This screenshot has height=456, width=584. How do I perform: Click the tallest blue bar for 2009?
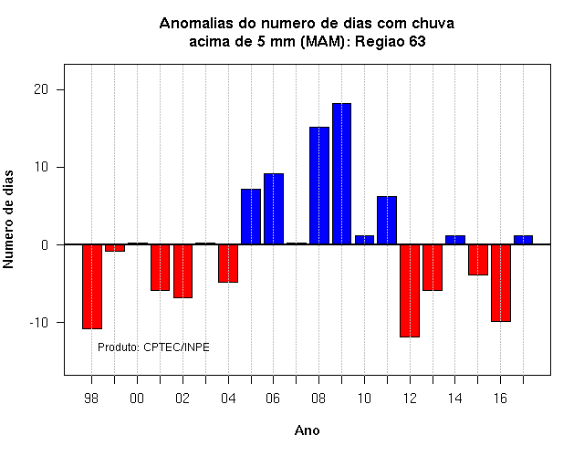coord(341,174)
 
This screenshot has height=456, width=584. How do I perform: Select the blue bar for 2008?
coord(319,186)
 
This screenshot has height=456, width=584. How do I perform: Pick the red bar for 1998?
coord(92,286)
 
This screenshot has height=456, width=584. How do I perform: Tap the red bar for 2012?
coord(410,291)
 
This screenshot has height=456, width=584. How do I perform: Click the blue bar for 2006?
coord(274,209)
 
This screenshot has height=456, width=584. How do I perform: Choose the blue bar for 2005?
coord(251,217)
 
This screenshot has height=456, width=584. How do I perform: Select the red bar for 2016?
coord(501,283)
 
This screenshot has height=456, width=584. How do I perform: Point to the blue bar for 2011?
coord(387,221)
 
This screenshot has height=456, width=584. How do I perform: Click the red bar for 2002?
coord(182,271)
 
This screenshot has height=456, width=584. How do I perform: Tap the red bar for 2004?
coord(228,264)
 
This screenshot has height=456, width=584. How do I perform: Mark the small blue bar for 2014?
coord(455,240)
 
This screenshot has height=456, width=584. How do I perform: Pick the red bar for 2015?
coord(478,260)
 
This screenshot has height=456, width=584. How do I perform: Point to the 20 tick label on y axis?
coord(41,89)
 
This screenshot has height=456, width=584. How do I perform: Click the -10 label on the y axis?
coord(38,322)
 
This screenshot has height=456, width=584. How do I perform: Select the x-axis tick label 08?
coord(318,399)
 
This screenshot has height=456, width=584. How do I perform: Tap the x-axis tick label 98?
coord(91,399)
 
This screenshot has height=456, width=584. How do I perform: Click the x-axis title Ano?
coord(308,430)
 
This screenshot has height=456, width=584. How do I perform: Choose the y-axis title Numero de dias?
coord(8,219)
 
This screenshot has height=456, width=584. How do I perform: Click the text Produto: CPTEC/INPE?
coord(153,347)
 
